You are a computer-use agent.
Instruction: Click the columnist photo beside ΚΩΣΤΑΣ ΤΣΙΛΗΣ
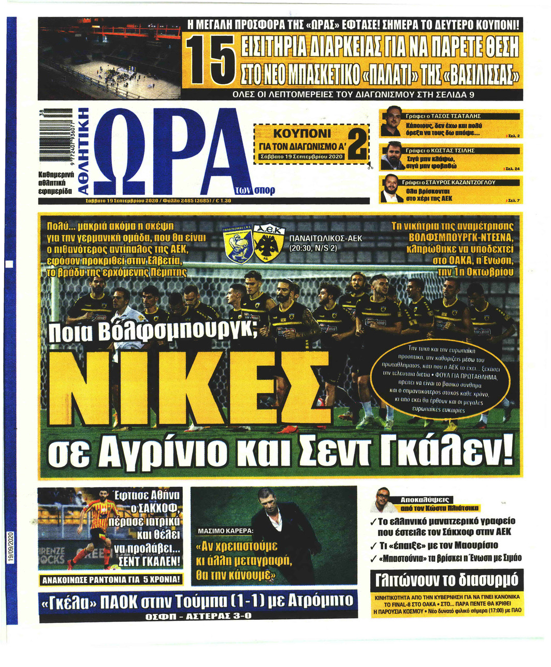pyautogui.click(x=394, y=156)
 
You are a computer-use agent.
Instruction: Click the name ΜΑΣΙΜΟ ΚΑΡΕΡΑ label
pyautogui.click(x=226, y=531)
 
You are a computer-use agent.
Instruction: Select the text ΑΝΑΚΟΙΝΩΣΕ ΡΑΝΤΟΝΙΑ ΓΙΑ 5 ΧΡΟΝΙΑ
pyautogui.click(x=111, y=580)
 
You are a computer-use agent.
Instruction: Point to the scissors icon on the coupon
pyautogui.click(x=371, y=166)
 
